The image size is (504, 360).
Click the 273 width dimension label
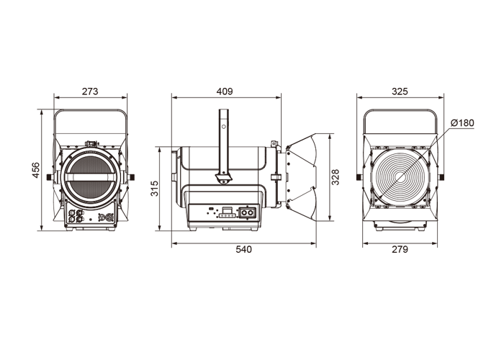(90, 91)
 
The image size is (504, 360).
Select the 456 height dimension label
(35, 170)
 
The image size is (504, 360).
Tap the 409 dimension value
(225, 91)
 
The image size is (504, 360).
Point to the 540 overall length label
(243, 249)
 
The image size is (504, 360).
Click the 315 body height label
(155, 189)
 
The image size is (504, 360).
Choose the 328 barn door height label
(336, 177)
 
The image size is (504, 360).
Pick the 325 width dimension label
(400, 91)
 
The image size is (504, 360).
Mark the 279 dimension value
(400, 249)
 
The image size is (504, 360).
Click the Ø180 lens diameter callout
(462, 123)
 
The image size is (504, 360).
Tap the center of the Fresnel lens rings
(400, 177)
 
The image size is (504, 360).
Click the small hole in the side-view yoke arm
(224, 127)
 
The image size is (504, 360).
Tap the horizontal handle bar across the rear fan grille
(91, 177)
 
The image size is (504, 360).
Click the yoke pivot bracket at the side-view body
(223, 179)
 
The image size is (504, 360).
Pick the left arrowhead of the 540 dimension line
(174, 243)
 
